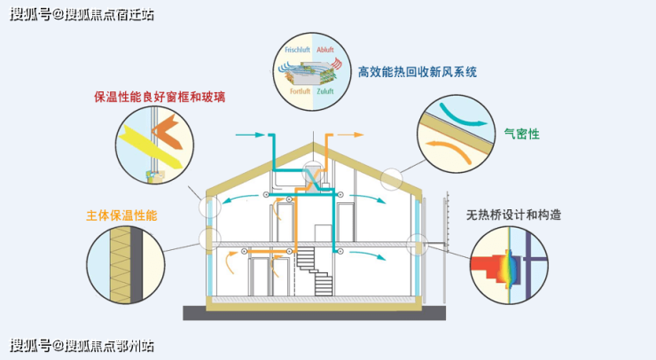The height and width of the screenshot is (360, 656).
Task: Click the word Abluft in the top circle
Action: pyautogui.click(x=326, y=40)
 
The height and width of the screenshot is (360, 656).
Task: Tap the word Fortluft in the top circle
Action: pyautogui.click(x=298, y=90)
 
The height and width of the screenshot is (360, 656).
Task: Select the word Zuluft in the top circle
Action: pyautogui.click(x=326, y=90)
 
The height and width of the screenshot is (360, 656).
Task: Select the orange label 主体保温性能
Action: pyautogui.click(x=122, y=215)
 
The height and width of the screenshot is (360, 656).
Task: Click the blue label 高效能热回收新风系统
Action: pyautogui.click(x=417, y=71)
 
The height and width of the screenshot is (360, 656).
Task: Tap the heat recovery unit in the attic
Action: pyautogui.click(x=312, y=176)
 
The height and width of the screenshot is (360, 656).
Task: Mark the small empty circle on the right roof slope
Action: pyautogui.click(x=391, y=178)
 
